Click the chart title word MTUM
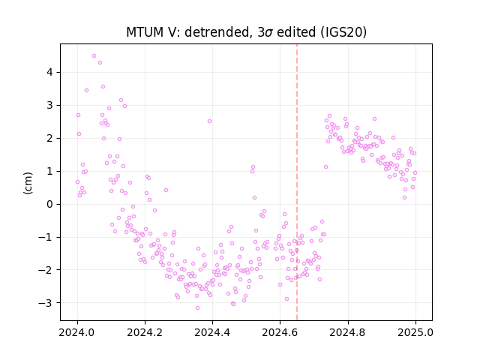(x=145, y=32)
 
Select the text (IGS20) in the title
(x=343, y=32)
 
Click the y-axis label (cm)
(x=28, y=183)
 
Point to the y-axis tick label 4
(x=49, y=72)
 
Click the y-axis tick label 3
(x=49, y=105)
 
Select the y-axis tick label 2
(x=49, y=138)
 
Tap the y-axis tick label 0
(x=49, y=204)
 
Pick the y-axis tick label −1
(x=46, y=237)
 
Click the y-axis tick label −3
(x=46, y=303)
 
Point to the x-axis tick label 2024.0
(x=77, y=332)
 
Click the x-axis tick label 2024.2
(x=145, y=332)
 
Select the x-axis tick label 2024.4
(x=212, y=332)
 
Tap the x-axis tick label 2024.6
(x=280, y=332)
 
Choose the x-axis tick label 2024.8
(x=348, y=332)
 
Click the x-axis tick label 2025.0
(x=415, y=332)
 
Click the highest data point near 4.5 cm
(x=94, y=56)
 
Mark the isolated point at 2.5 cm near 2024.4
(x=209, y=121)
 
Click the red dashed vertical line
(x=297, y=182)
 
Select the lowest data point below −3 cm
(x=197, y=307)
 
